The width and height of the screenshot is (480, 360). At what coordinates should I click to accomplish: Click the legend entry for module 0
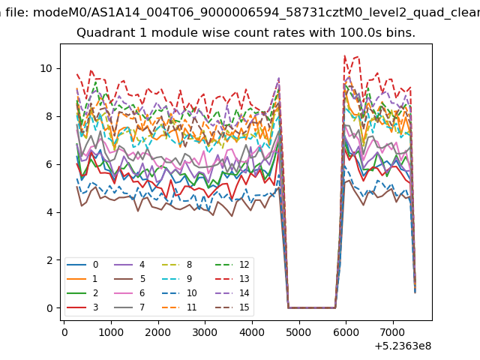[82, 265]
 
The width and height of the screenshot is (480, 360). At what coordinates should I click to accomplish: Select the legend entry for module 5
[130, 279]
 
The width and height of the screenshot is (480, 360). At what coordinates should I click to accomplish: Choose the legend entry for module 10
[180, 293]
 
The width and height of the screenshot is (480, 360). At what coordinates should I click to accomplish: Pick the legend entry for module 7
[130, 307]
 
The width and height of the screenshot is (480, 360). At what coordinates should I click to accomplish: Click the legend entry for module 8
[177, 265]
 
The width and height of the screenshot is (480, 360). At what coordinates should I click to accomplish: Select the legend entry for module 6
[130, 293]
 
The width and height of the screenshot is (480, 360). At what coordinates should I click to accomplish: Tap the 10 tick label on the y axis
[46, 68]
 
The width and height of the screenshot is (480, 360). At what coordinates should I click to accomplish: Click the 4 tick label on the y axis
[49, 212]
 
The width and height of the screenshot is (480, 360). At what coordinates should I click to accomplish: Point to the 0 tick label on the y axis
[49, 308]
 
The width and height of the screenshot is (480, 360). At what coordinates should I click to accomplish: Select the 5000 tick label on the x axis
[299, 332]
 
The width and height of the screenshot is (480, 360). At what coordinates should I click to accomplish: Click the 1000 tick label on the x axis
[111, 332]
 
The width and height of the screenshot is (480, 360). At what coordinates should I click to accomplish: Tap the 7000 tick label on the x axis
[393, 332]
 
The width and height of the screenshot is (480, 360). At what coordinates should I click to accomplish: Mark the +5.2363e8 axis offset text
[403, 346]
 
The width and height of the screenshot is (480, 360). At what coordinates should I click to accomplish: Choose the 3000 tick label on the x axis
[205, 332]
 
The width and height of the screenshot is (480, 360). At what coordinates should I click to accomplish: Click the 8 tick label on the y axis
[49, 117]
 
